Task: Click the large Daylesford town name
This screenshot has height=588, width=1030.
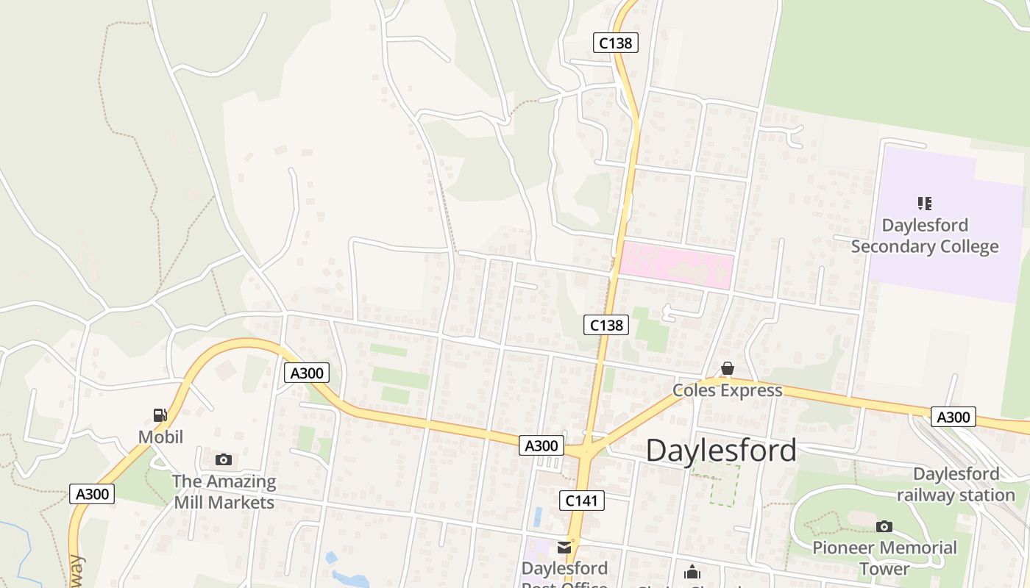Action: (721, 450)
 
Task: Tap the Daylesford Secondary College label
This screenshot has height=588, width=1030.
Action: (925, 236)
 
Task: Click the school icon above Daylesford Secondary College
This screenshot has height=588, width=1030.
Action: (925, 203)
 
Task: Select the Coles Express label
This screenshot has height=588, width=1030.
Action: (727, 390)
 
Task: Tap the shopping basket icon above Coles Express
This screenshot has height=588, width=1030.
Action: (727, 368)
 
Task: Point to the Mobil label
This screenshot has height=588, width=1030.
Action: (160, 437)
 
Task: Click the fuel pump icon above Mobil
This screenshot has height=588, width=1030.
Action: (160, 415)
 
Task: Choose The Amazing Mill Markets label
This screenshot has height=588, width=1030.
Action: (224, 492)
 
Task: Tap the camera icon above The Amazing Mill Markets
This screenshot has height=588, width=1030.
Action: (224, 460)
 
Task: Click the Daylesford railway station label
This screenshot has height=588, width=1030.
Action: (956, 484)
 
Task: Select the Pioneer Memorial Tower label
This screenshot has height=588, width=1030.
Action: (884, 558)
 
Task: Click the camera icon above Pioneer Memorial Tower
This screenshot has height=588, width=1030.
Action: (884, 526)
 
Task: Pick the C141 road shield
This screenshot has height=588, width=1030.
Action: (581, 501)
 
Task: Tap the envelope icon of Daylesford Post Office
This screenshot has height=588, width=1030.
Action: (564, 548)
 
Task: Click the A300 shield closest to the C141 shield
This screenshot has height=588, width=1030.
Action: (541, 445)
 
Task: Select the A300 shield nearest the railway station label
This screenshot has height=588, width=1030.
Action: (953, 417)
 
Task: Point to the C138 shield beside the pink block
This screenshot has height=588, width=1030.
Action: (606, 324)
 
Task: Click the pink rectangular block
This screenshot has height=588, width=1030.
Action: (676, 266)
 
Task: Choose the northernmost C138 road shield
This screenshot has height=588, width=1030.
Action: (615, 43)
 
